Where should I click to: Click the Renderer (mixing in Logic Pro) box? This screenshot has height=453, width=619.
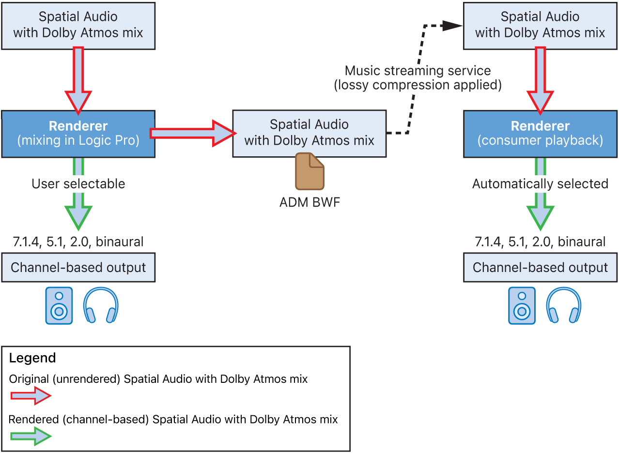click(78, 134)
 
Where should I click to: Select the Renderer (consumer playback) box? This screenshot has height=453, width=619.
click(540, 134)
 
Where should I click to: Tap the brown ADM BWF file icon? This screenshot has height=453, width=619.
click(309, 171)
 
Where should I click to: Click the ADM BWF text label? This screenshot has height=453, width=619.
click(309, 202)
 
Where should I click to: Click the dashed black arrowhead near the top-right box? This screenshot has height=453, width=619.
click(452, 25)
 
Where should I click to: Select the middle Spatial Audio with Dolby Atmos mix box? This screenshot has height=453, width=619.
click(309, 133)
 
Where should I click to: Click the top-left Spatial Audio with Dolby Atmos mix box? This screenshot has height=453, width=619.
click(78, 25)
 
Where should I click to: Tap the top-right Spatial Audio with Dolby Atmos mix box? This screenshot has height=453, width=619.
click(540, 25)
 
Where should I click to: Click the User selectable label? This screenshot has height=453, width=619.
click(78, 184)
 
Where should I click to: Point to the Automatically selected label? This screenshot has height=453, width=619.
click(540, 184)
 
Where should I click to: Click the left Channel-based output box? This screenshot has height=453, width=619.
click(78, 267)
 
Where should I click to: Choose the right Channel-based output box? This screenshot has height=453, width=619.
click(540, 267)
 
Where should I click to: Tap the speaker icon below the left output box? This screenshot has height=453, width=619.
click(59, 305)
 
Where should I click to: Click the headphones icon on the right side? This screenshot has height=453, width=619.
click(563, 305)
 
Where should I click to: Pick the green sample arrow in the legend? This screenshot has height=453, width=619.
click(30, 437)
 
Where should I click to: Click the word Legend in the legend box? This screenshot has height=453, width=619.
click(32, 358)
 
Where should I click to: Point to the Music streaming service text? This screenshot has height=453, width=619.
click(418, 71)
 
